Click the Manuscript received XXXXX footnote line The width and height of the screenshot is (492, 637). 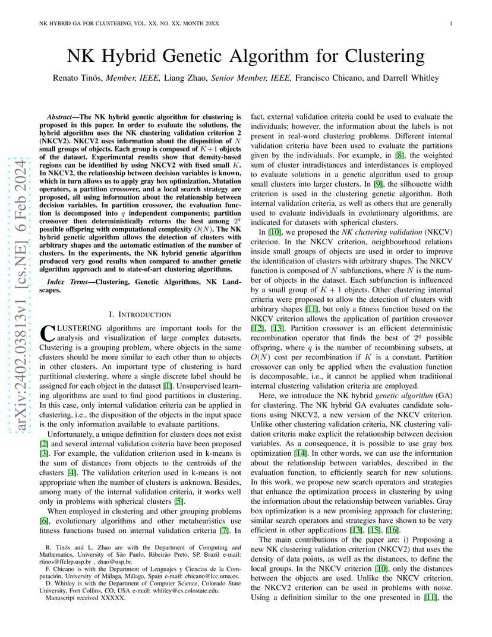pos(86,598)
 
